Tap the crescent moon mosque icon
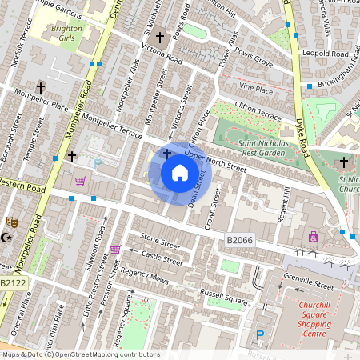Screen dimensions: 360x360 coord(8,238)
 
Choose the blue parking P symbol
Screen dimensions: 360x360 coord(259,336)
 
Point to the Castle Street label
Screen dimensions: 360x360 coord(162,257)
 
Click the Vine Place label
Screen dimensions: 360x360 coord(256,90)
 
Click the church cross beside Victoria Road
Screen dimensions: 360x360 coord(159,38)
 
